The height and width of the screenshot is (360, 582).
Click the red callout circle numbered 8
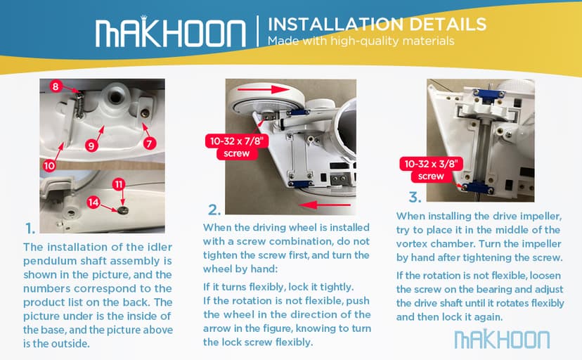click(56, 86)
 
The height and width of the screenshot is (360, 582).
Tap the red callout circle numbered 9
click(91, 146)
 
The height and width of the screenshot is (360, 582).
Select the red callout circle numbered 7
click(150, 143)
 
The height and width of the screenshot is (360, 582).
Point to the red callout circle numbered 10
click(49, 165)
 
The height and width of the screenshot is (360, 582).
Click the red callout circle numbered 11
click(119, 184)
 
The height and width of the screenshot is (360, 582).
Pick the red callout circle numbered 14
click(93, 202)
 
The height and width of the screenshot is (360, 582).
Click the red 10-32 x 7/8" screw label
click(237, 147)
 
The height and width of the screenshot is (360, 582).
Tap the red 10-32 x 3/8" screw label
click(431, 169)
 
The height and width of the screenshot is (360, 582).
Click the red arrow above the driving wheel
click(263, 89)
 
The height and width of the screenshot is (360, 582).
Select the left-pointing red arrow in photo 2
click(325, 205)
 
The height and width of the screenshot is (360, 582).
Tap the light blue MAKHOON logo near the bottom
click(502, 339)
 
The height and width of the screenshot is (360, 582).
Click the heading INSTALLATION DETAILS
click(377, 25)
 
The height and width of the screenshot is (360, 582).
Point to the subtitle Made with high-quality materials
click(361, 41)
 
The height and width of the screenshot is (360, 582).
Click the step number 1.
click(30, 229)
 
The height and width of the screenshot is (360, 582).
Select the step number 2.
click(214, 210)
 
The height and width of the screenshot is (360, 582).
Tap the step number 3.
click(415, 197)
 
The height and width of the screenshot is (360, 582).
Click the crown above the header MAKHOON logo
click(143, 18)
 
